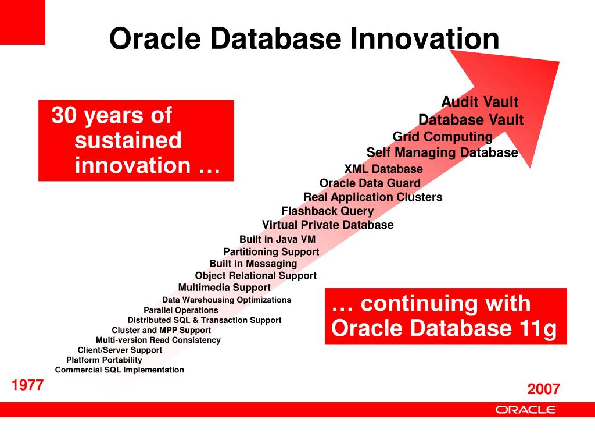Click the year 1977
(27, 385)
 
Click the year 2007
(543, 389)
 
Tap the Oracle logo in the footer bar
(526, 409)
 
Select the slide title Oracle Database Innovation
(304, 39)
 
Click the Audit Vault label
(479, 102)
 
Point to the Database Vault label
(471, 120)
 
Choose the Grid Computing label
(442, 137)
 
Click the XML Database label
(383, 169)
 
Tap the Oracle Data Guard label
(370, 183)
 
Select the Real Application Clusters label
(373, 197)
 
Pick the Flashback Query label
(327, 211)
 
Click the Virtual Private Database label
(328, 225)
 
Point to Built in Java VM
(277, 239)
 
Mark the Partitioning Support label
(271, 251)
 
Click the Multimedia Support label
(224, 288)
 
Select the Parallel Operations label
(181, 310)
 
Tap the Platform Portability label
(104, 360)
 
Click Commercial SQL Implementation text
(120, 370)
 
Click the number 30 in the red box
(64, 115)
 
